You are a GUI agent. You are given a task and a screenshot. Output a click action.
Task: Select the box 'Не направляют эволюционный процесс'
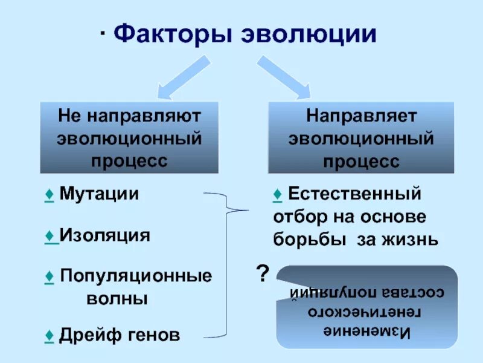(x=129, y=138)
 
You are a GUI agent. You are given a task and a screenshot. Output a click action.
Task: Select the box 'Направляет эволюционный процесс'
(x=361, y=138)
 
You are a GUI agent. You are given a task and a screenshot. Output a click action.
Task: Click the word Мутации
(x=100, y=194)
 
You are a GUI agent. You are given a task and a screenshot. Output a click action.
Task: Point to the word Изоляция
(x=104, y=235)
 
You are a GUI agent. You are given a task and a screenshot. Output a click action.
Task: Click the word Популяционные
(x=136, y=276)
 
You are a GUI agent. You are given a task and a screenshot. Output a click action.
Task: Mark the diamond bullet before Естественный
(x=277, y=195)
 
